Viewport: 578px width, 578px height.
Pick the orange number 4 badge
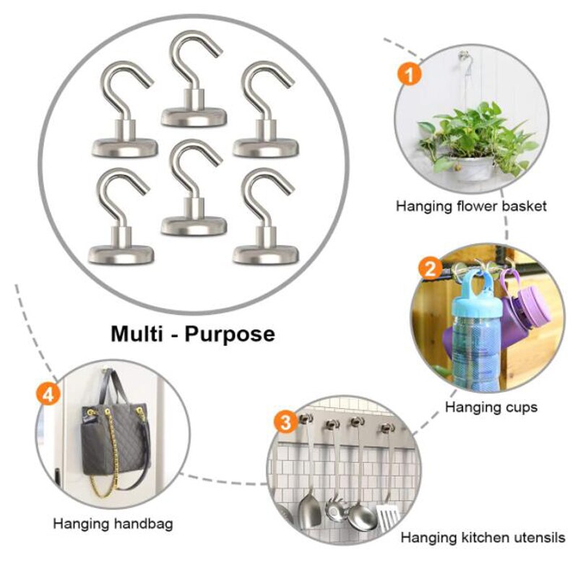point(47,394)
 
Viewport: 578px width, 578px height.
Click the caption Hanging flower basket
point(471,207)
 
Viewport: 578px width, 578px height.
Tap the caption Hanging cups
point(491,407)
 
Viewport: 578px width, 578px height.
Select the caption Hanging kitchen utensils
point(483,538)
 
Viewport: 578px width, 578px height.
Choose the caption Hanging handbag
point(113,523)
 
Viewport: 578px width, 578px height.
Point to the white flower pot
point(475,168)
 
